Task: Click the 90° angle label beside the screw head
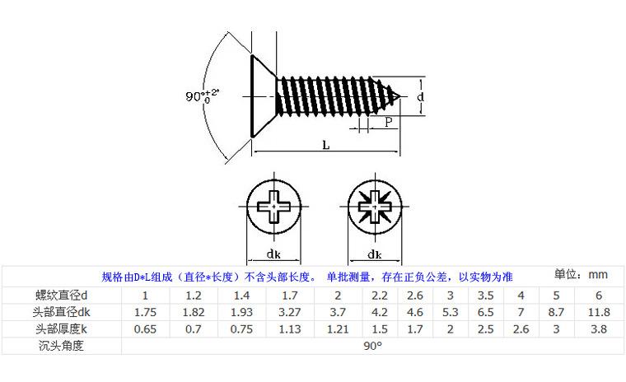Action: [x=202, y=95]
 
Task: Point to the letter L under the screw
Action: [x=326, y=145]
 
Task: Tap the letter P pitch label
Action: [x=389, y=122]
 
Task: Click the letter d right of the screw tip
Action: [x=420, y=96]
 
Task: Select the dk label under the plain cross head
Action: [x=273, y=254]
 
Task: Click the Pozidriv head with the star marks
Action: [x=375, y=207]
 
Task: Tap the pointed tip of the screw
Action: [x=400, y=96]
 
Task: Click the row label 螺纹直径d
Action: [x=62, y=296]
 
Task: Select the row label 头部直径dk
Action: [x=62, y=312]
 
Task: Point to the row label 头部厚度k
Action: [x=62, y=329]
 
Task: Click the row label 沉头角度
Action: [x=61, y=346]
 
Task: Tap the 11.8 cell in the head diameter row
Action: [x=599, y=312]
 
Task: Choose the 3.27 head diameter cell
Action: [x=290, y=312]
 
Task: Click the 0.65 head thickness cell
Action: [x=145, y=329]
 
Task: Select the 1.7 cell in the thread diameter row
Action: [x=290, y=296]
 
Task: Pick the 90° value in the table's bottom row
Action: [x=372, y=346]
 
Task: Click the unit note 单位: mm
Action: [x=581, y=275]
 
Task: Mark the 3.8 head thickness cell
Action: [x=599, y=329]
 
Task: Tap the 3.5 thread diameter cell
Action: [x=485, y=296]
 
